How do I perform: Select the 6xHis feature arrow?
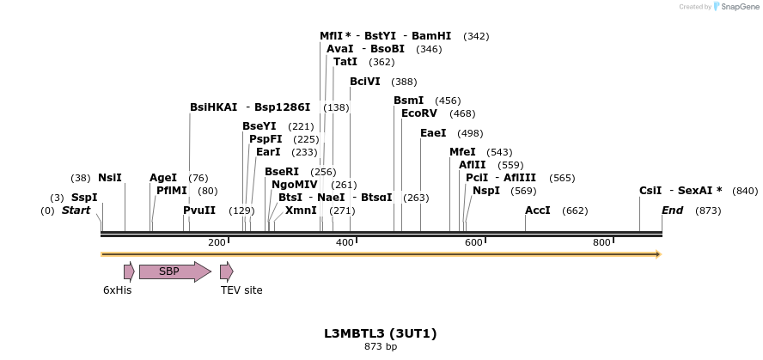[129, 272]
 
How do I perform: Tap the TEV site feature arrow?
[226, 272]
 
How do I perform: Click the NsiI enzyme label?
[110, 178]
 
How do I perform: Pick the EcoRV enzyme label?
[419, 113]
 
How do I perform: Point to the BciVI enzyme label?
[365, 82]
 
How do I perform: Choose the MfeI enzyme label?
[462, 152]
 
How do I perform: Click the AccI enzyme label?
[538, 211]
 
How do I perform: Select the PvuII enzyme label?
[199, 211]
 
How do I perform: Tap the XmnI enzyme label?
[301, 211]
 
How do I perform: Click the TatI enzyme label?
[345, 62]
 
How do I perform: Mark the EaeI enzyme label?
[433, 133]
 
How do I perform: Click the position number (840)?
[745, 191]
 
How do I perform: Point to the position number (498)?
[470, 133]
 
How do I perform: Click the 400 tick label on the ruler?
[345, 242]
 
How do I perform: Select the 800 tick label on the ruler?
[602, 242]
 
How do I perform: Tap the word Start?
[76, 211]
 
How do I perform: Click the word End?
[674, 211]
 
